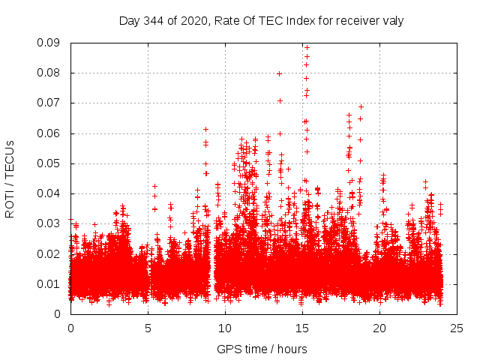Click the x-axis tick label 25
point(457,328)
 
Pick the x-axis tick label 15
point(302,328)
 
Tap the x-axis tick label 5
point(148,328)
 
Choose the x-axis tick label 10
point(225,328)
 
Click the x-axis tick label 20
point(379,328)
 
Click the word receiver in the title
point(357,20)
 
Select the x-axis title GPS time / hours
point(262,349)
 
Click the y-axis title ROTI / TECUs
point(10,178)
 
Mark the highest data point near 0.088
point(307,48)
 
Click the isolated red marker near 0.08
point(279,73)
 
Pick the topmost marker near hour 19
point(361,106)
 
